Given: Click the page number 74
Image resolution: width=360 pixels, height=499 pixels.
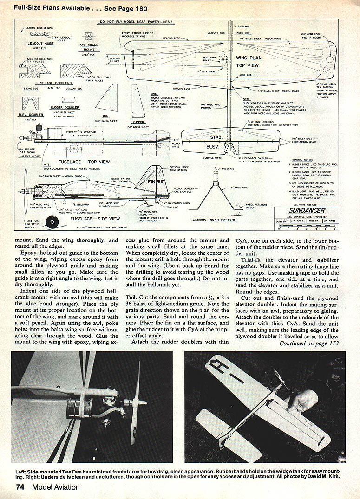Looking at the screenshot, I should (20, 487).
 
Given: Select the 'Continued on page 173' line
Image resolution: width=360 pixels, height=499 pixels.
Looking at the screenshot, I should (309, 343).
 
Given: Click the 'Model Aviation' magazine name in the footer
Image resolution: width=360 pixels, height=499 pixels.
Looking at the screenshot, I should (56, 487).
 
